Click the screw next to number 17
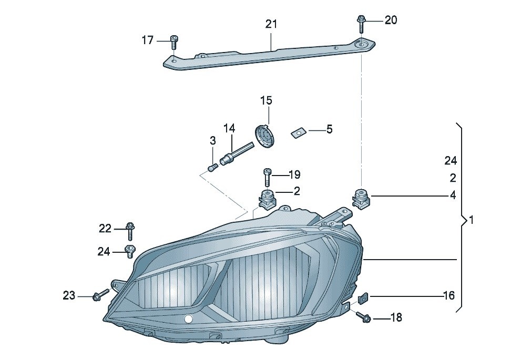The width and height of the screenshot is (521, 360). tap(175, 41)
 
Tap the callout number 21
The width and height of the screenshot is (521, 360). tap(271, 24)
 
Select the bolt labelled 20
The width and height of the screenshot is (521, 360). tap(361, 22)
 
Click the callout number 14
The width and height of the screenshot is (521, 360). tap(229, 128)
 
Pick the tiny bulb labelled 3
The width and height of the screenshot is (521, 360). tap(212, 168)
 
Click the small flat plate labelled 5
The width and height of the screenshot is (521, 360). tap(298, 132)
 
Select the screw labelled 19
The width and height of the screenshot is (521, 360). tap(267, 177)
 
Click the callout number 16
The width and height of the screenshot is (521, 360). tap(448, 296)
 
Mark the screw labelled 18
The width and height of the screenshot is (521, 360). tap(363, 316)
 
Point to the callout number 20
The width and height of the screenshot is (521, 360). tap(391, 20)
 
